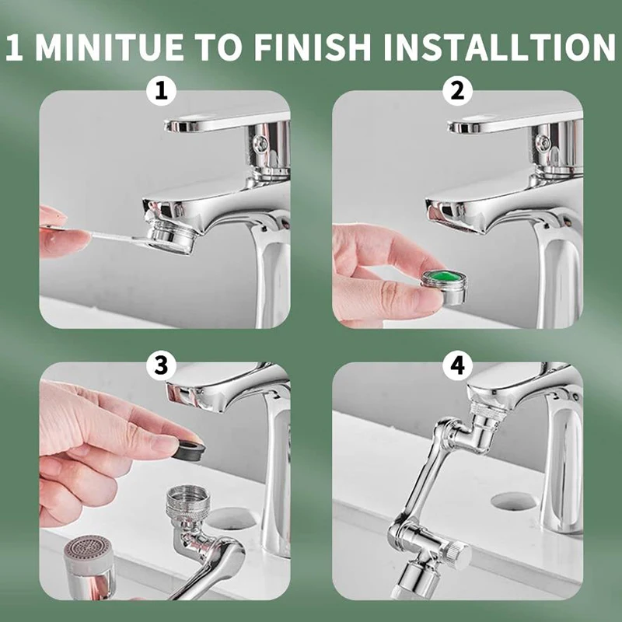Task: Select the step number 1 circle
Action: [162, 91]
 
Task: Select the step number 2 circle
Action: [457, 91]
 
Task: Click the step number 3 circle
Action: [162, 365]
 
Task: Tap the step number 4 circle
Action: [457, 365]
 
